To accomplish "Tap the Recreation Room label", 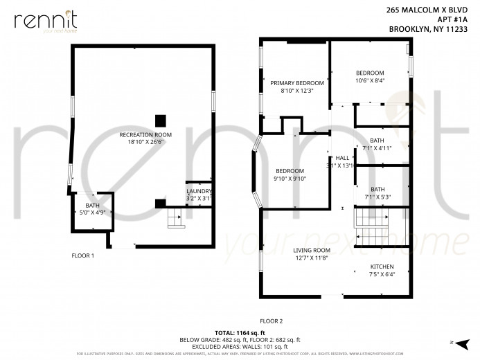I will pyautogui.click(x=145, y=138).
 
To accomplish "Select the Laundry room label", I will pyautogui.click(x=199, y=195).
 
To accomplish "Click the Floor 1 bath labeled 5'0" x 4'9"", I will pyautogui.click(x=92, y=209).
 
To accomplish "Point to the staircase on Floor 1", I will pyautogui.click(x=175, y=221).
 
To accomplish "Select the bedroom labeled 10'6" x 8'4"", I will pyautogui.click(x=370, y=76).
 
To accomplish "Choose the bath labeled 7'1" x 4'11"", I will pyautogui.click(x=377, y=144).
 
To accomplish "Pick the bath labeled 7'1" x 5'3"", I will pyautogui.click(x=377, y=192).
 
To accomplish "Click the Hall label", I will pyautogui.click(x=341, y=161).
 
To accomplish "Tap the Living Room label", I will pyautogui.click(x=311, y=254).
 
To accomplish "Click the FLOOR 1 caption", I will pyautogui.click(x=82, y=255).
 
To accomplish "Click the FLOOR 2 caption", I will pyautogui.click(x=271, y=321).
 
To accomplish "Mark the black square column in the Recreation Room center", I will pyautogui.click(x=161, y=118).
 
